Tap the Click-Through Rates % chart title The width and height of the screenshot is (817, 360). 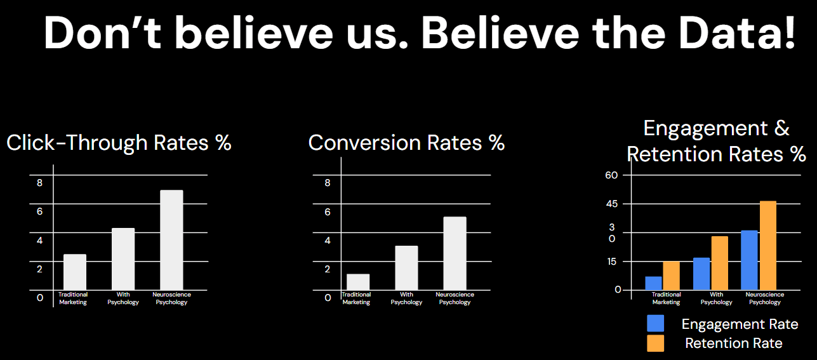tap(119, 143)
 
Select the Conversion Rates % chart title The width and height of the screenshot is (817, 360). tap(406, 143)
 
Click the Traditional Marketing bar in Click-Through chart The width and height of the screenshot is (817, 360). tap(75, 272)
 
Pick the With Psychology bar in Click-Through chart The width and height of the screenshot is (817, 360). tap(123, 259)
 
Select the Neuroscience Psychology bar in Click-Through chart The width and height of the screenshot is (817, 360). tap(171, 240)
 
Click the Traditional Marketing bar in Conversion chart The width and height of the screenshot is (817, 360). tap(358, 282)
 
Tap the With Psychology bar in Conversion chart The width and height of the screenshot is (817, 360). tap(406, 268)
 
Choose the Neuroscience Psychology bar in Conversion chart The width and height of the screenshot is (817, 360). tap(455, 253)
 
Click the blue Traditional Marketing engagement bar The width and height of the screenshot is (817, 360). tap(653, 283)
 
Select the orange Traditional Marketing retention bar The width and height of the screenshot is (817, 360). tap(671, 276)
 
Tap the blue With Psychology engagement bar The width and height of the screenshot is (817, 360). tap(701, 274)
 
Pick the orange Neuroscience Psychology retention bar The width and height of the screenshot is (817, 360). tap(767, 245)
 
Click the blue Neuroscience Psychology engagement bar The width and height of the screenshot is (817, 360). tap(749, 260)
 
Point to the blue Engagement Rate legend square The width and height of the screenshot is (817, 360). tap(655, 323)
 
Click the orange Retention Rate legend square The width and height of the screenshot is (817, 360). tap(655, 343)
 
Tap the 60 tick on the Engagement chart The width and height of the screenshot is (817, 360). tap(611, 175)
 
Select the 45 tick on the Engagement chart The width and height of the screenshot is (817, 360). tap(611, 204)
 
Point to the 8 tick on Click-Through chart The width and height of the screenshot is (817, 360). tap(39, 183)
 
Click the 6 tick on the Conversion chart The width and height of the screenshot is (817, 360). tap(328, 211)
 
